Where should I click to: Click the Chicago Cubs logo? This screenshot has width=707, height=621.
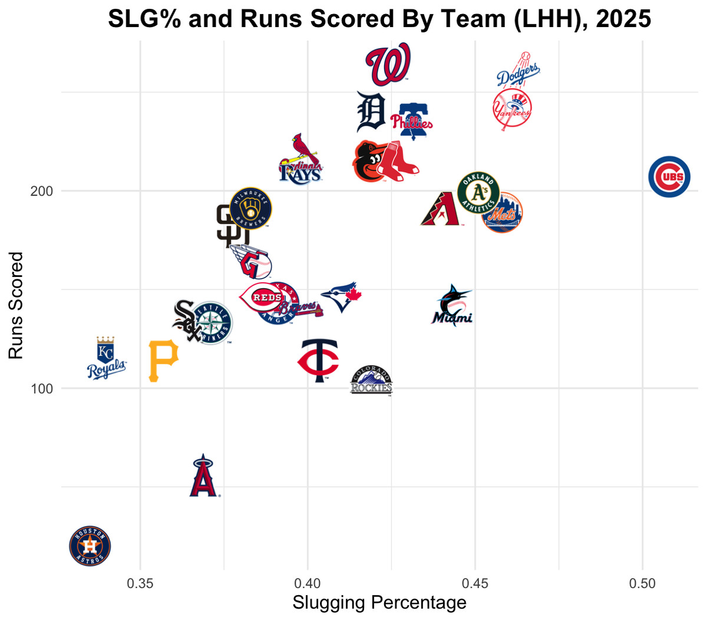(669, 177)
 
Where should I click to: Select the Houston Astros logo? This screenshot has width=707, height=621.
(90, 546)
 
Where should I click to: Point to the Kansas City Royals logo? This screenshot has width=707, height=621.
(106, 358)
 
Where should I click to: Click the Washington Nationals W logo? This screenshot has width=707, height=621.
(387, 64)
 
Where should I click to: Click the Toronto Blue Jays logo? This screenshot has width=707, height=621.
(341, 296)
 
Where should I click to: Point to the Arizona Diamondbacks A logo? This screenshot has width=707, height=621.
(440, 209)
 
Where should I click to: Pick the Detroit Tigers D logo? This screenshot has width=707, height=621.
(371, 112)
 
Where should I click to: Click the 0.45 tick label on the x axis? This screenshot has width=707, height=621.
(475, 583)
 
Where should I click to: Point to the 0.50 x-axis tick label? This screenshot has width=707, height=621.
(642, 583)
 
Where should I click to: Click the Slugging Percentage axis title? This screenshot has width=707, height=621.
(379, 603)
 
